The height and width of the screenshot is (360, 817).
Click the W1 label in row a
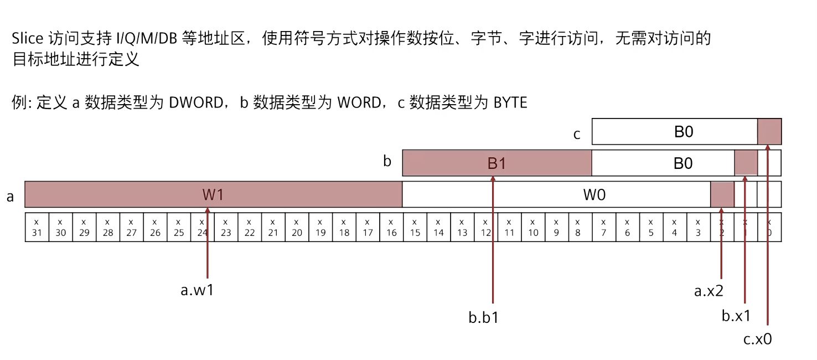pos(213,195)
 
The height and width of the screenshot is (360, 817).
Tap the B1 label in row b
pos(497,163)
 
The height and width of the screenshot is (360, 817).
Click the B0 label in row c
pos(683,132)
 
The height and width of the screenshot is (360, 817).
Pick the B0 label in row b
pos(683,163)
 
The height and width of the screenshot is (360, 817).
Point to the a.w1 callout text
pos(197,290)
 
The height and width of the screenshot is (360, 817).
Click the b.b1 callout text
pos(483,318)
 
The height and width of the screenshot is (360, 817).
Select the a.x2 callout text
pos(709,291)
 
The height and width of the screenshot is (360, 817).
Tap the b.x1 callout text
pos(736,316)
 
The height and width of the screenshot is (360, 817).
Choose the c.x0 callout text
pos(757,339)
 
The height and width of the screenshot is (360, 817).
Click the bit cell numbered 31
pos(37,228)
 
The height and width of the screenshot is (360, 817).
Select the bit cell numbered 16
pos(391,228)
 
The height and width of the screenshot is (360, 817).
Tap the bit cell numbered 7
pos(604,228)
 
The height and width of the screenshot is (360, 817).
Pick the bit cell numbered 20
pos(297,228)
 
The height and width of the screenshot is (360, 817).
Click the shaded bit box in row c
pos(769,132)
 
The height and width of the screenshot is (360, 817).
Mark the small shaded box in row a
pos(722,194)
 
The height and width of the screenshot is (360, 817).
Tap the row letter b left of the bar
pos(387,162)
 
